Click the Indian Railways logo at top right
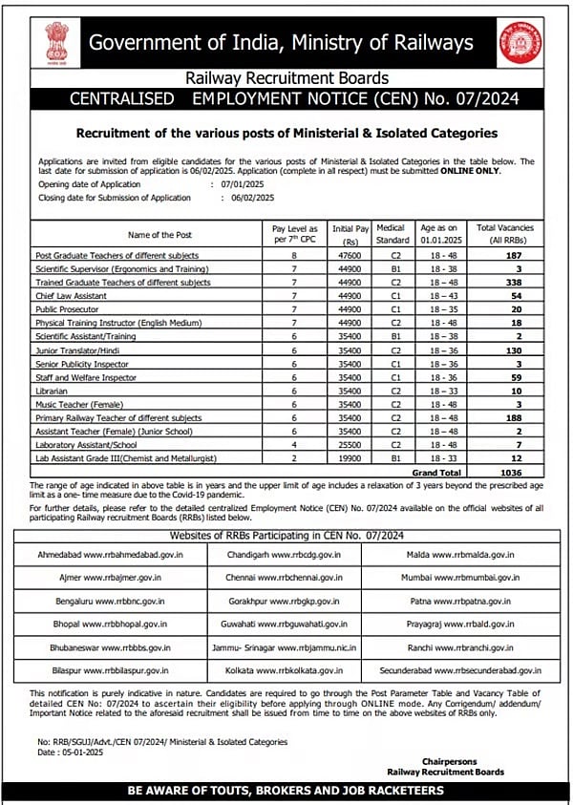pyautogui.click(x=524, y=44)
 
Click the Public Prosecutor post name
pyautogui.click(x=67, y=310)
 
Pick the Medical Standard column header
pyautogui.click(x=392, y=234)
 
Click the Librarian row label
pyautogui.click(x=52, y=392)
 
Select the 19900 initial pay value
pyautogui.click(x=350, y=458)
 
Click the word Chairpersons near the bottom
pyautogui.click(x=469, y=760)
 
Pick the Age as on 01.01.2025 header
pyautogui.click(x=440, y=234)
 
